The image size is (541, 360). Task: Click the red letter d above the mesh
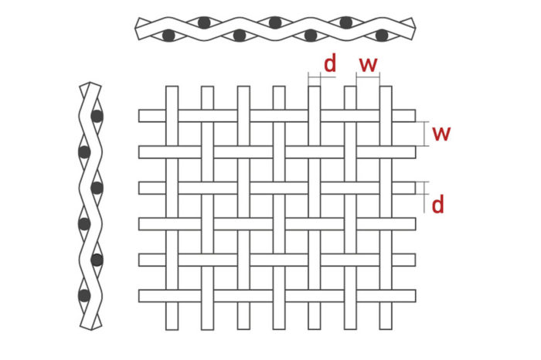[x=330, y=63]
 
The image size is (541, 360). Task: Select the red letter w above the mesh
[x=368, y=63]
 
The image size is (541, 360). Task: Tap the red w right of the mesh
[x=441, y=134]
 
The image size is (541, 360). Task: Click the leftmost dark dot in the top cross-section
[x=168, y=35]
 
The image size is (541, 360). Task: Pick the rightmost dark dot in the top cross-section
[x=381, y=35]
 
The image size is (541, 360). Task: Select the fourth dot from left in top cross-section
[x=275, y=22]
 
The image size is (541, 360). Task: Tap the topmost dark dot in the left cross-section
[x=97, y=117]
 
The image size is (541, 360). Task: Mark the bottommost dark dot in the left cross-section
[x=83, y=294]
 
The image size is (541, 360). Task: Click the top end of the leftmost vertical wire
[x=172, y=88]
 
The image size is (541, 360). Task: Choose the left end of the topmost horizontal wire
[x=141, y=116]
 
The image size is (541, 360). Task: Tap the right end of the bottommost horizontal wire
[x=415, y=295]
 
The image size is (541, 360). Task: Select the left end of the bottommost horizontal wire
[x=141, y=295]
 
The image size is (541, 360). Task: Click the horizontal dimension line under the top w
[x=368, y=76]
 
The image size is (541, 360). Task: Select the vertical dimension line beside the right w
[x=426, y=134]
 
